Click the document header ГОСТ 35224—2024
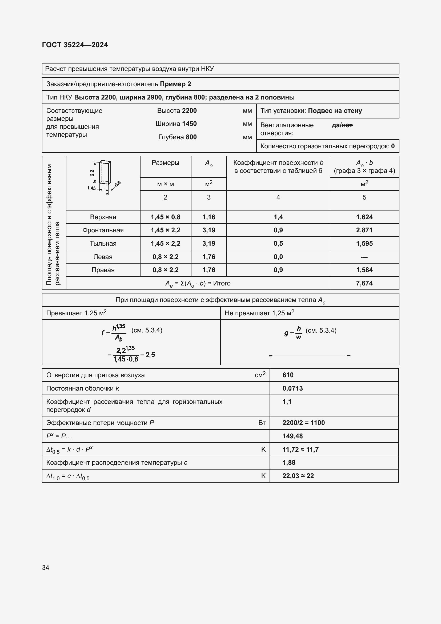pos(75,45)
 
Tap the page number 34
pos(46,567)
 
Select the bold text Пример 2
pos(175,84)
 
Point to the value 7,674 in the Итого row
pos(364,283)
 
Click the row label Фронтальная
pos(103,230)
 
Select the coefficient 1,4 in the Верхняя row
pos(278,217)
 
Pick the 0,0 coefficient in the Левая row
pos(278,257)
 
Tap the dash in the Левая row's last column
pos(364,257)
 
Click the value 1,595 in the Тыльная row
pos(364,244)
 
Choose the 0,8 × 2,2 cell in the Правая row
pos(165,270)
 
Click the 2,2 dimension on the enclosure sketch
pos(92,173)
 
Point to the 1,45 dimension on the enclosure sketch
pos(91,188)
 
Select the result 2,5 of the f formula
pos(150,355)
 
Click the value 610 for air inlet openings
pos(288,375)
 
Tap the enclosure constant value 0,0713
pos(292,388)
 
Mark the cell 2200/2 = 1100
pos(303,423)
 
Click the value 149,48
pos(292,436)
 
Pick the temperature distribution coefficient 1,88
pos(289,462)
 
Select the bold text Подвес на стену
pos(335,111)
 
